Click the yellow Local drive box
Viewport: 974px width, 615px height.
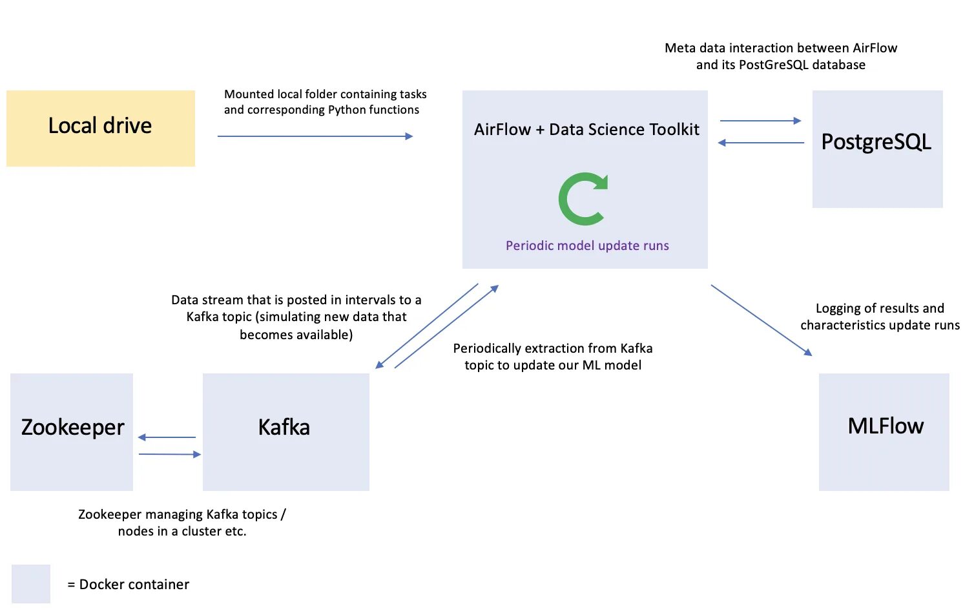(100, 128)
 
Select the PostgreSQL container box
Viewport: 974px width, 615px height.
(876, 149)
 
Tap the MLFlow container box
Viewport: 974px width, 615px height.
(884, 431)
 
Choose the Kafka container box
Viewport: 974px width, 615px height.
(285, 431)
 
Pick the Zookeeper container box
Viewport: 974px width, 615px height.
(72, 431)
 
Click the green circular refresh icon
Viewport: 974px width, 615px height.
(583, 199)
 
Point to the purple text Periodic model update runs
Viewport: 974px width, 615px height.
(586, 245)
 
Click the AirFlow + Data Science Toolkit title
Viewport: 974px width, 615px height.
(586, 129)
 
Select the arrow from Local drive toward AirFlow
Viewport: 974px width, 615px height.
(315, 136)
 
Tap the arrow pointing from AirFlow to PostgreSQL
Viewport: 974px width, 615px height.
(760, 121)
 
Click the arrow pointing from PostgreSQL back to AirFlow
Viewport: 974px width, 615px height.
(761, 143)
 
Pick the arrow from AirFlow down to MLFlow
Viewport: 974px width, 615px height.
(761, 320)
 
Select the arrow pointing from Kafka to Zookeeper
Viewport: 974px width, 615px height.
(167, 437)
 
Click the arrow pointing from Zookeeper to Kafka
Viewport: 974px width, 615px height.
(170, 454)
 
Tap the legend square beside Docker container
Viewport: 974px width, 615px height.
(31, 583)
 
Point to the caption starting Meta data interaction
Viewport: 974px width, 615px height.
(780, 56)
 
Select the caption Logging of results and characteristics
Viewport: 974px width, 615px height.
(880, 317)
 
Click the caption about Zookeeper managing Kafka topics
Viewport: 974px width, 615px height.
(181, 523)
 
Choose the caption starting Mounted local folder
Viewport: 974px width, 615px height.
(324, 102)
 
